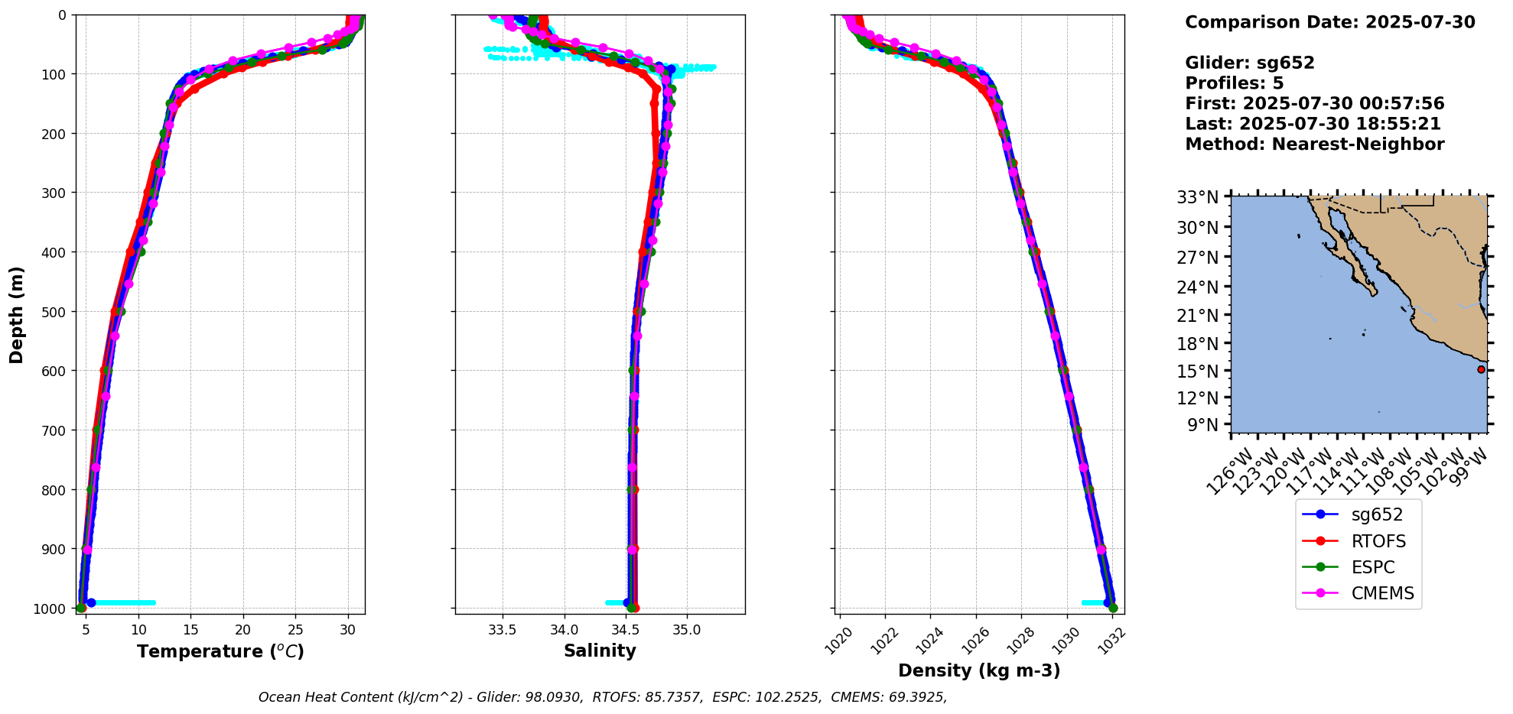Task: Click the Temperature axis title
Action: click(x=220, y=651)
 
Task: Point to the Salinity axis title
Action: click(x=600, y=651)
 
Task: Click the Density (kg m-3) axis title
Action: click(x=979, y=670)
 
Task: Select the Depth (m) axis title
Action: click(x=17, y=314)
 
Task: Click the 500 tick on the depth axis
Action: click(x=54, y=311)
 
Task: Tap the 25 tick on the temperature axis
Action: click(x=295, y=630)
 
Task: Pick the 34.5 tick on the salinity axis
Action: click(x=626, y=630)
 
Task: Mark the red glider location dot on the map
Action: click(x=1481, y=369)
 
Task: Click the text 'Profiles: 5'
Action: click(x=1234, y=83)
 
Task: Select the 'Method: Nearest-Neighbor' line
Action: click(x=1314, y=144)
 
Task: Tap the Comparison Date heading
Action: click(x=1329, y=22)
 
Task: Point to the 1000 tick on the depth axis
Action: click(x=50, y=608)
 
